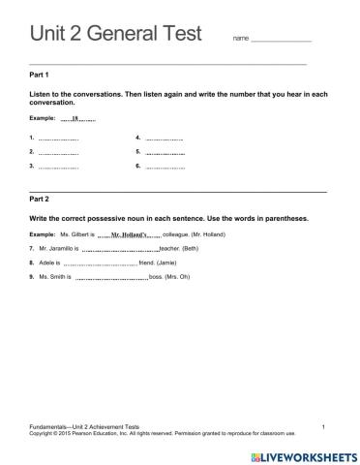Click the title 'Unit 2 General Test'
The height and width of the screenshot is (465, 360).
coord(115,34)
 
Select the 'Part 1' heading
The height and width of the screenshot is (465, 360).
coord(41,75)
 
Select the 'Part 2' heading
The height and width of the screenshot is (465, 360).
coord(41,199)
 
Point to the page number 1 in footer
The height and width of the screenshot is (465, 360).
coord(323,426)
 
